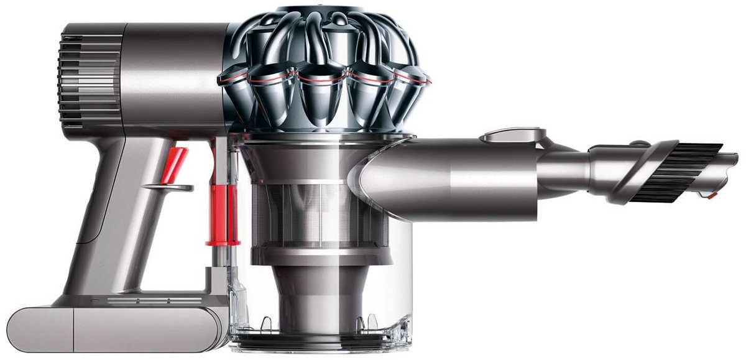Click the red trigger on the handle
pyautogui.click(x=175, y=165)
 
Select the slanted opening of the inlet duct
pyautogui.click(x=367, y=180)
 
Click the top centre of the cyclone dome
pyautogui.click(x=323, y=12)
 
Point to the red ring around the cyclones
pyautogui.click(x=323, y=77)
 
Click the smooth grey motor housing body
pyautogui.click(x=168, y=75)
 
